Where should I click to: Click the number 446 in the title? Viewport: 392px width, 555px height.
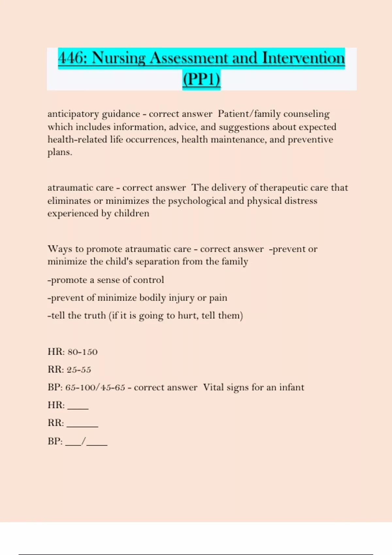[x=71, y=58]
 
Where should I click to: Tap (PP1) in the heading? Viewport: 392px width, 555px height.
[x=201, y=79]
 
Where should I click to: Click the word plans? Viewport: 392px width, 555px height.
[x=59, y=152]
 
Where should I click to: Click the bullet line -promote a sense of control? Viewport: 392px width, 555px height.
[x=106, y=280]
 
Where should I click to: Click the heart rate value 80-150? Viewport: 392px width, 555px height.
[x=82, y=352]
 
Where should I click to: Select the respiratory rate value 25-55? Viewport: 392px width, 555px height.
[x=79, y=370]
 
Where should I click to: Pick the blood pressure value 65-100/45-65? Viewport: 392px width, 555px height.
[x=95, y=388]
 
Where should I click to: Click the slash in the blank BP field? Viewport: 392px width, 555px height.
[x=84, y=441]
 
